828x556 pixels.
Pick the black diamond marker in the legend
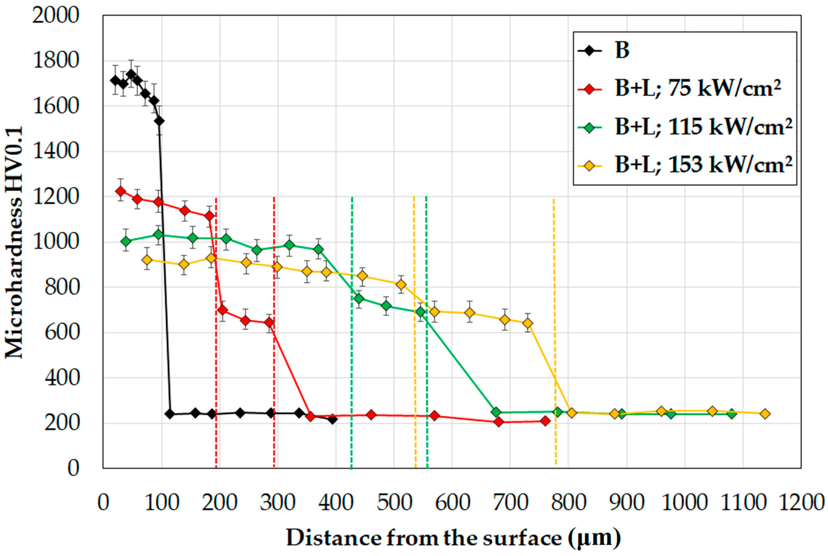coord(590,51)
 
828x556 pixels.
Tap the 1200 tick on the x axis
coord(801,503)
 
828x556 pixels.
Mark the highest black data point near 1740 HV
coord(131,74)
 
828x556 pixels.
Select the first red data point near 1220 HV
coord(121,191)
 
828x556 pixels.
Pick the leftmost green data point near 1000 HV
coord(126,241)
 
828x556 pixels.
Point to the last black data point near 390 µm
coord(332,419)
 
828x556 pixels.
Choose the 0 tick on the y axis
coord(73,468)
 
